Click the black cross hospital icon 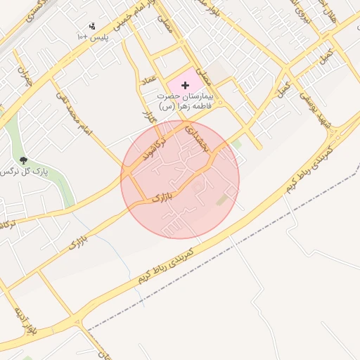(x=185, y=84)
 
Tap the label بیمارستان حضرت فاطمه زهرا (x=184, y=101)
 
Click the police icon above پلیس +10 (x=91, y=27)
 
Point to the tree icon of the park (x=23, y=161)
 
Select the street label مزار (x=148, y=116)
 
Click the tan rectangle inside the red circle (x=223, y=200)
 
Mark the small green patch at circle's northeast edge (x=236, y=143)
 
